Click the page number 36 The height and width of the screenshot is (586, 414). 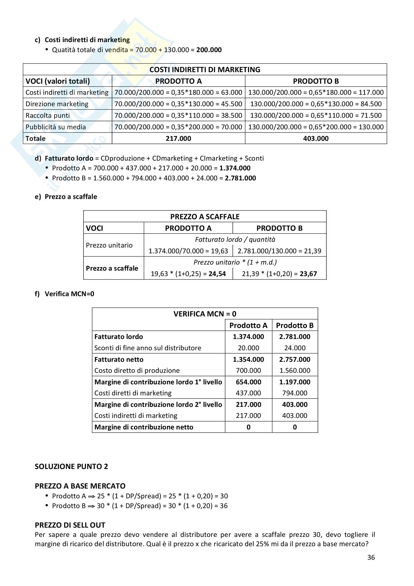point(371,557)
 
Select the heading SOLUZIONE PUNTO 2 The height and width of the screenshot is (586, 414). point(71,466)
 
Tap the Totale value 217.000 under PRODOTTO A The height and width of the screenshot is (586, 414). point(178,138)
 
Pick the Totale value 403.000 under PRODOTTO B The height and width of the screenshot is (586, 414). point(316,138)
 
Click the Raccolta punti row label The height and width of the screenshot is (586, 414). point(47,115)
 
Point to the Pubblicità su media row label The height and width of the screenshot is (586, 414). point(56,127)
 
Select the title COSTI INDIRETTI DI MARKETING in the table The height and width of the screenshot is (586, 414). point(205,69)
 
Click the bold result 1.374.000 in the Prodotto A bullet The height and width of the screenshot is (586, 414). point(235,168)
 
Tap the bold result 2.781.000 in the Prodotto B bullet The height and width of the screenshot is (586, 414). point(240,178)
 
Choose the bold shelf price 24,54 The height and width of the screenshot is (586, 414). point(217,274)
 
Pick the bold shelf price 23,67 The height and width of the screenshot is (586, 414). point(308,274)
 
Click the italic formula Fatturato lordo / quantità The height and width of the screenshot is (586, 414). point(235,240)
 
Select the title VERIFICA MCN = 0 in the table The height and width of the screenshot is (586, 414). point(205,314)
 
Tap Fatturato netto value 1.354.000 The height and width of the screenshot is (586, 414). point(248,359)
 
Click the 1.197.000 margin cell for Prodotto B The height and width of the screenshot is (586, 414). point(295,382)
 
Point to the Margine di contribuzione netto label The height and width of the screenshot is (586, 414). point(144,427)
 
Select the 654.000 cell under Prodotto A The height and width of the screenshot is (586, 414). point(248,382)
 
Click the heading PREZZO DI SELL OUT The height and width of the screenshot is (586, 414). point(70,525)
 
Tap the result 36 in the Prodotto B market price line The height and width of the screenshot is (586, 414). point(224,506)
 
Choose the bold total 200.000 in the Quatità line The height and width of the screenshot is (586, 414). point(209,50)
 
